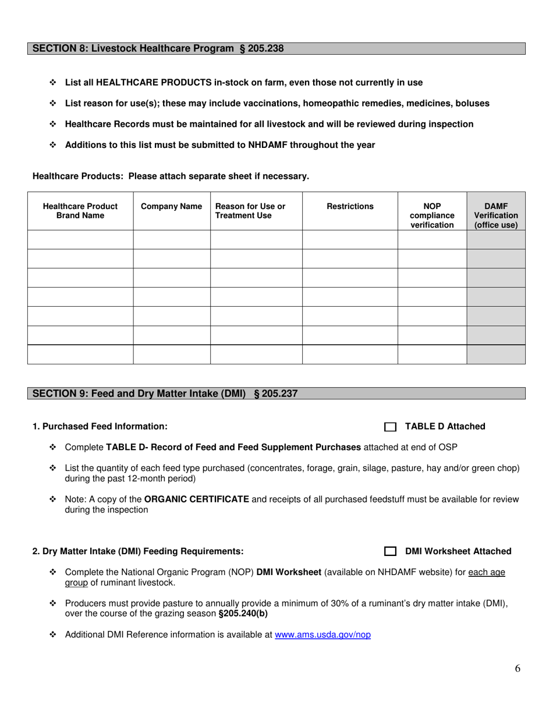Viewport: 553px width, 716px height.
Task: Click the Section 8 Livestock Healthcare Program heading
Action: click(158, 49)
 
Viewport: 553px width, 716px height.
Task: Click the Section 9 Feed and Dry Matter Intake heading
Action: click(165, 394)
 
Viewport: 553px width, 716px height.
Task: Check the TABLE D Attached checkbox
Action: click(390, 427)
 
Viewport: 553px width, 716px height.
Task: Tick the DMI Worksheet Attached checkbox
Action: click(390, 552)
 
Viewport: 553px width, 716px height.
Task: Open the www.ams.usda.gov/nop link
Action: click(322, 635)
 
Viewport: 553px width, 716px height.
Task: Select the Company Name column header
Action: click(172, 206)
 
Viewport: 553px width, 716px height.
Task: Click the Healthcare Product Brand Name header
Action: click(80, 211)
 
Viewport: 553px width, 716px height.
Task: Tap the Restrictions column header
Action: click(350, 206)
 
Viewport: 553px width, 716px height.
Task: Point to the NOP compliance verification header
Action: click(432, 215)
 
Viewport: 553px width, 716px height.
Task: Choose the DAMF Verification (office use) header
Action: click(496, 215)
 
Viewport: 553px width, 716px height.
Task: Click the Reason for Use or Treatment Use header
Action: click(250, 211)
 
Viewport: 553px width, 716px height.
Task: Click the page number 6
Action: click(517, 668)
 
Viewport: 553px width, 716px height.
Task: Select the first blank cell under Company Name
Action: click(172, 240)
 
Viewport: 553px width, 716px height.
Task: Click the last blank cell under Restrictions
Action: click(350, 355)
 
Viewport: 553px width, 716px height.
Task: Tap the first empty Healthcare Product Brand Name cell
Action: click(80, 240)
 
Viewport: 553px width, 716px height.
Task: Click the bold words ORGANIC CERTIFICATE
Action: click(197, 499)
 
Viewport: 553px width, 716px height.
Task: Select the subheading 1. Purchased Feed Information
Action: click(100, 427)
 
